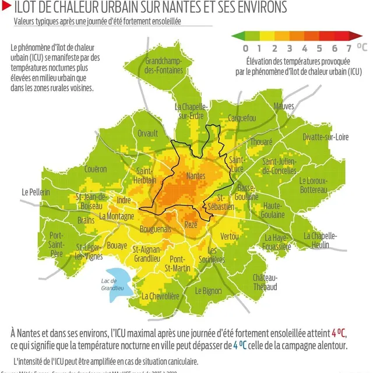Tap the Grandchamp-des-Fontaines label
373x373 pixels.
tap(164, 66)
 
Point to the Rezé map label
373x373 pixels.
tap(191, 225)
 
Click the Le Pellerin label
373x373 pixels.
tap(36, 192)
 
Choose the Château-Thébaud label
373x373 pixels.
tap(265, 282)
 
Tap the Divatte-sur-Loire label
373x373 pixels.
tap(325, 137)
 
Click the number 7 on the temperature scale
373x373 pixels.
tap(349, 48)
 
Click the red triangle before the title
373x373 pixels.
tap(6, 8)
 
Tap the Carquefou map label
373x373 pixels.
tap(242, 118)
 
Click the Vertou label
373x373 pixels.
tap(230, 236)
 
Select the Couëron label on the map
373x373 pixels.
tap(96, 169)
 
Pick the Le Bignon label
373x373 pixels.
tap(208, 290)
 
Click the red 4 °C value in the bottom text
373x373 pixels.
tap(338, 333)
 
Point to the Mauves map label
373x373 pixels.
tap(284, 106)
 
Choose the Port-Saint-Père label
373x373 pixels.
tap(57, 244)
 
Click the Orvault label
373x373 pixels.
tap(147, 133)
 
